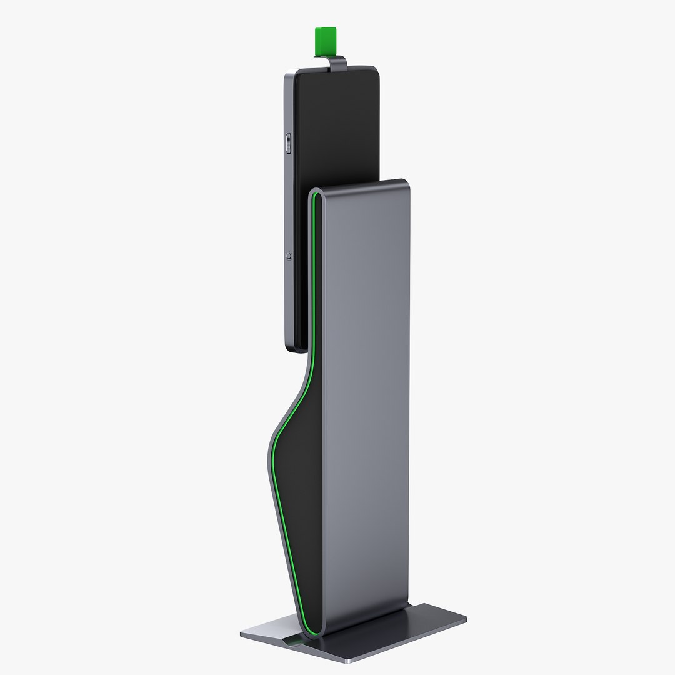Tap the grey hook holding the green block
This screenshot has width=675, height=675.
click(x=337, y=61)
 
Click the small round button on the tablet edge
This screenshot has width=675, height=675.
click(x=288, y=256)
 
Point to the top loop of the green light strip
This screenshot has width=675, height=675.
click(x=316, y=196)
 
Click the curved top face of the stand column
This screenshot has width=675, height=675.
click(x=359, y=185)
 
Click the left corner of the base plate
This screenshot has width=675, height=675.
click(x=242, y=634)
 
